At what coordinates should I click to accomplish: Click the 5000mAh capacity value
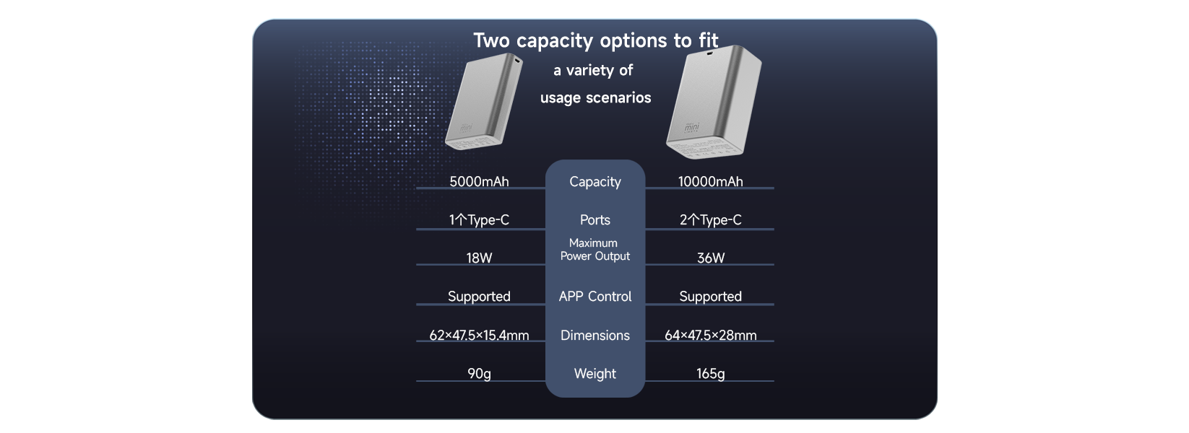(479, 181)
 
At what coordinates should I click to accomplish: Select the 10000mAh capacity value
(710, 181)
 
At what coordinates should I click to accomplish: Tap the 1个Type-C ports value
(479, 219)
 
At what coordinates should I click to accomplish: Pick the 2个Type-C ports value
(710, 219)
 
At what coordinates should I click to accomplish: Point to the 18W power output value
(479, 258)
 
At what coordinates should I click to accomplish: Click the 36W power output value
(710, 258)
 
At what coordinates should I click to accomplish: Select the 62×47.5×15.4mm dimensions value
(479, 335)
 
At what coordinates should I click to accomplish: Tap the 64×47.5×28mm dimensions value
(710, 335)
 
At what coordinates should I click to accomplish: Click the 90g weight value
(479, 374)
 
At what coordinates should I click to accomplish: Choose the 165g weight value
(710, 374)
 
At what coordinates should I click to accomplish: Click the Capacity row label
(595, 182)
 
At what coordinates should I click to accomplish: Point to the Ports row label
(595, 219)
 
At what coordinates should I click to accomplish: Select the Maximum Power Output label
(595, 250)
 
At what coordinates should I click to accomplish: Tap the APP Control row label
(595, 297)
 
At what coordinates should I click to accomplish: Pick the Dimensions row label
(595, 335)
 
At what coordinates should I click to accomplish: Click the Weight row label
(595, 374)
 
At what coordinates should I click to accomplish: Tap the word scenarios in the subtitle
(618, 97)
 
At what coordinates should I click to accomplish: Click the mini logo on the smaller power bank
(466, 127)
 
